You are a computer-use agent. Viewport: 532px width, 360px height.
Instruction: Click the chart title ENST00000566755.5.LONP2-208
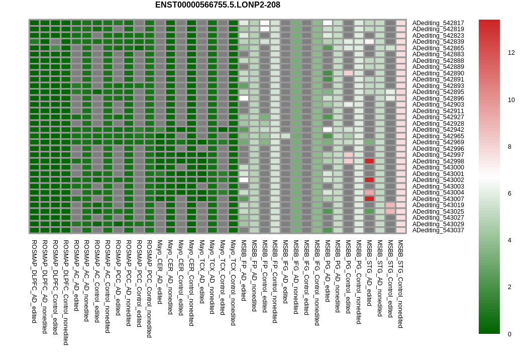(218, 5)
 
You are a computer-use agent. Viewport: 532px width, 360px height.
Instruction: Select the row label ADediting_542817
(438, 23)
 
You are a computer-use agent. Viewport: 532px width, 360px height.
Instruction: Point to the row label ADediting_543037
(438, 230)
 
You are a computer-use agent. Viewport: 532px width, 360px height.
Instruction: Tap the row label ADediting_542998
(438, 161)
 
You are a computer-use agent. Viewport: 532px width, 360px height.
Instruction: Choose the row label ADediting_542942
(438, 130)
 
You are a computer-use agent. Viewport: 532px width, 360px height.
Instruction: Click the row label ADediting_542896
(438, 98)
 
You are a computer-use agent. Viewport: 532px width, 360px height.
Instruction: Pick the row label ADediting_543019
(438, 205)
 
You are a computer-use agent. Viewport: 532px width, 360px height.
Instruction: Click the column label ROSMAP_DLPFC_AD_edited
(34, 281)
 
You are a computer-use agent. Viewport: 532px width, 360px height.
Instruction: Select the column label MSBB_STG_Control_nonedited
(400, 284)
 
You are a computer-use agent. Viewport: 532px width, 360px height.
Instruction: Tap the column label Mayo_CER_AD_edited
(160, 272)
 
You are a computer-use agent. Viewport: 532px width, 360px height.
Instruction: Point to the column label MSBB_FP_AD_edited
(244, 272)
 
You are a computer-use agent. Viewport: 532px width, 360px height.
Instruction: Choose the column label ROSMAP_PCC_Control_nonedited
(149, 288)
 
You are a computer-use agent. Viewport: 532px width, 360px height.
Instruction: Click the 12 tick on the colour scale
(511, 52)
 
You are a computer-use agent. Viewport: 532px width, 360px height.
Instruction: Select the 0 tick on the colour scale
(509, 334)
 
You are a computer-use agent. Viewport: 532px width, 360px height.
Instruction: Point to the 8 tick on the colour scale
(509, 146)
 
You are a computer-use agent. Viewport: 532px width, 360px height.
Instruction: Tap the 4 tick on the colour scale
(509, 240)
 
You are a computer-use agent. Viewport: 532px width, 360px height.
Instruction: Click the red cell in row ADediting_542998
(369, 161)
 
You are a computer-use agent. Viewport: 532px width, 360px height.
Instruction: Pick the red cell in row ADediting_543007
(369, 199)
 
